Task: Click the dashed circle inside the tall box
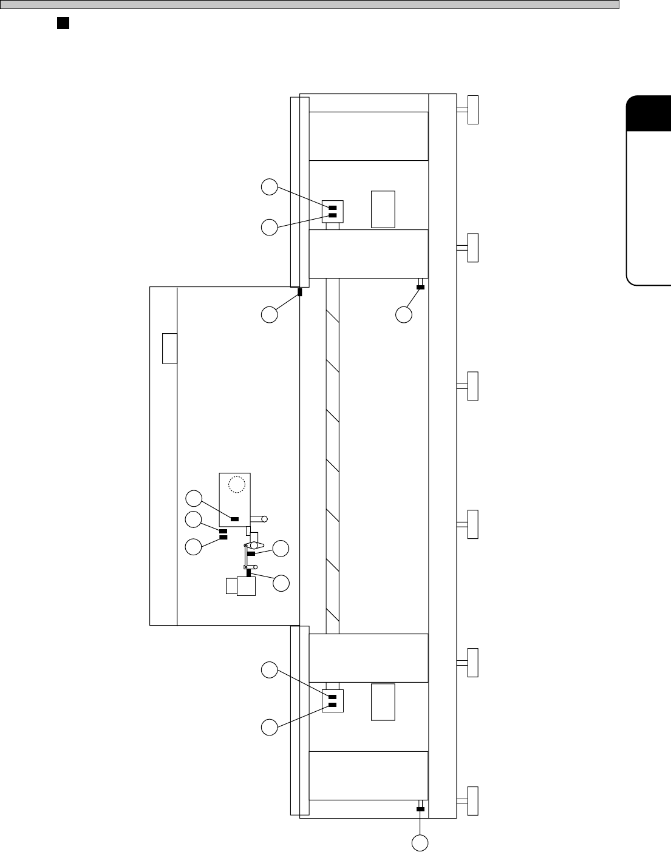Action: coord(236,484)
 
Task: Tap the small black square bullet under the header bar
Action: coord(62,23)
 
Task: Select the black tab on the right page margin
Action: coord(649,113)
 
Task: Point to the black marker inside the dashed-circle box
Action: coord(234,519)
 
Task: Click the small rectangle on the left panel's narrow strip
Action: coord(169,348)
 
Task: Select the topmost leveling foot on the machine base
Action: coord(472,109)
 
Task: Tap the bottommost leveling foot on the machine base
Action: coord(472,801)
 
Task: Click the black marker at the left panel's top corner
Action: coord(300,292)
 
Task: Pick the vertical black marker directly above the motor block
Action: coord(248,573)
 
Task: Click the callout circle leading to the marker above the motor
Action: coord(281,584)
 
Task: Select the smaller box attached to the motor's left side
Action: coord(231,586)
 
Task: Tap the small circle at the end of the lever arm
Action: coord(265,519)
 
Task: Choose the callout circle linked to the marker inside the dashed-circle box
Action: coord(194,499)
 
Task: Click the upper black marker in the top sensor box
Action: coord(332,208)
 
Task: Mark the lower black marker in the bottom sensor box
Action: coord(332,705)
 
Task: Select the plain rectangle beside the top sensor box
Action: coord(383,209)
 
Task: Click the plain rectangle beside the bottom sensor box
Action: coord(383,702)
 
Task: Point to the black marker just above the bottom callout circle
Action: coord(420,809)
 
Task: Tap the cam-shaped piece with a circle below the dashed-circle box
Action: coord(254,546)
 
